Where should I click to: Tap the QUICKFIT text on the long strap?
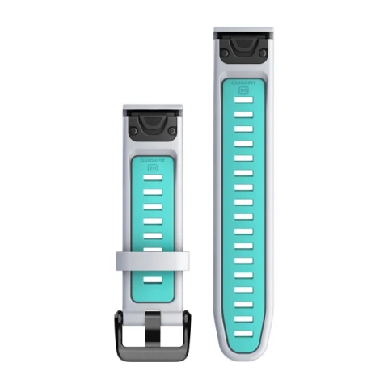[244, 82]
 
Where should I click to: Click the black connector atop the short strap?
[154, 125]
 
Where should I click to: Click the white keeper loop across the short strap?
[154, 260]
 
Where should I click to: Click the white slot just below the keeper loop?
[154, 281]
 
